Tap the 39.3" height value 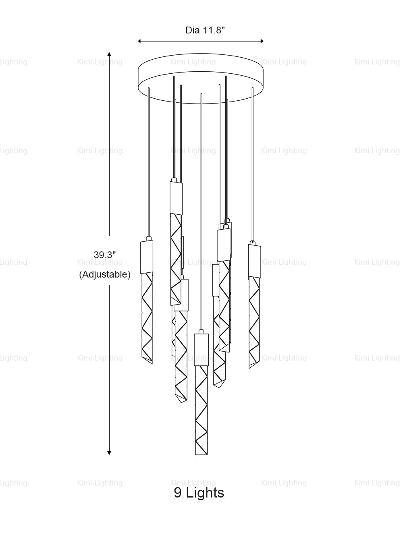(105, 255)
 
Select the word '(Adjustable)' (105, 275)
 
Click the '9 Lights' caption (199, 492)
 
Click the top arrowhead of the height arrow (109, 54)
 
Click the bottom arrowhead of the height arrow (109, 453)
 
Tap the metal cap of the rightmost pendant (254, 260)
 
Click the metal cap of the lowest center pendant (201, 348)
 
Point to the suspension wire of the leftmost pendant (149, 161)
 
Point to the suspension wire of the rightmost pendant (253, 161)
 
